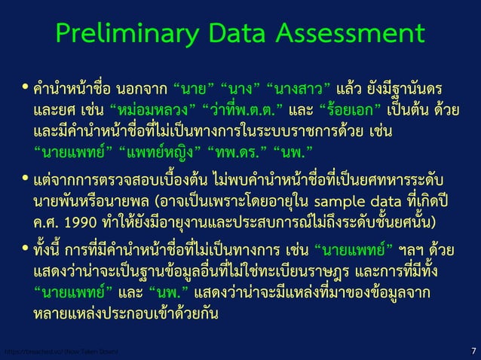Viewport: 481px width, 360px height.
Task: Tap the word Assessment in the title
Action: (353, 33)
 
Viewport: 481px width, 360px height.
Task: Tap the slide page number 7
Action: (472, 351)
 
